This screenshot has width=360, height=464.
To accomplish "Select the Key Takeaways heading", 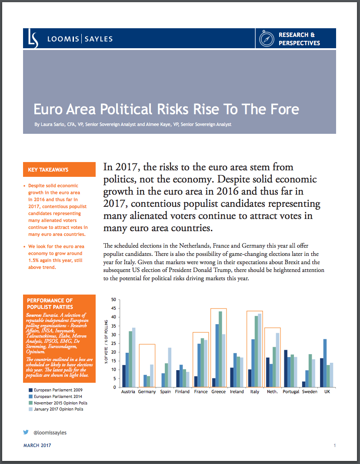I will pyautogui.click(x=48, y=169).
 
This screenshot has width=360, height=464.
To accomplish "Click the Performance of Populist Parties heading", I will pyautogui.click(x=50, y=303).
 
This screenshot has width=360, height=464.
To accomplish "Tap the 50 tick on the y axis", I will pyautogui.click(x=113, y=300).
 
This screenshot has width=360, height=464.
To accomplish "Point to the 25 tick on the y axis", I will pyautogui.click(x=113, y=344).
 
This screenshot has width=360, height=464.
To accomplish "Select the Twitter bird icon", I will pyautogui.click(x=26, y=432).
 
